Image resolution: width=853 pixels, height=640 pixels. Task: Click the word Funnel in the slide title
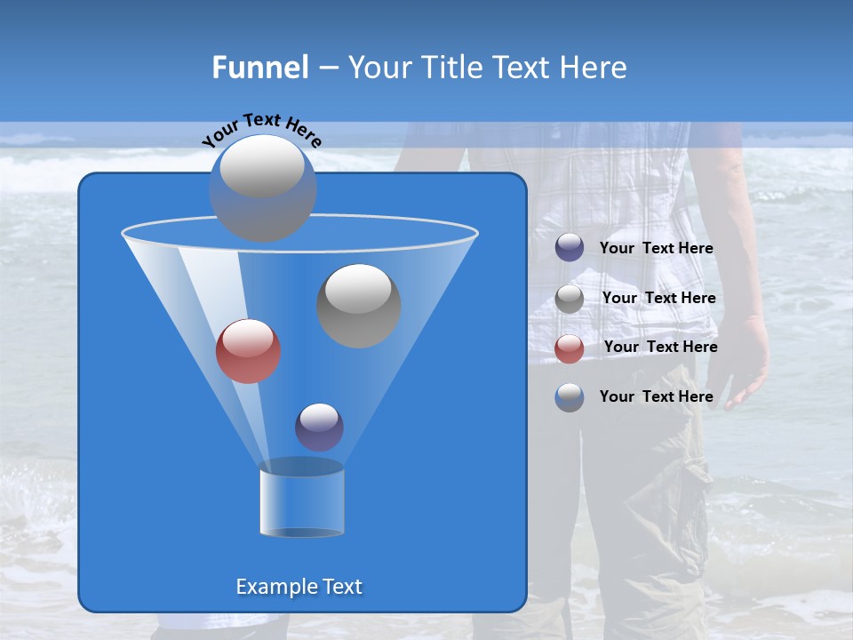(259, 68)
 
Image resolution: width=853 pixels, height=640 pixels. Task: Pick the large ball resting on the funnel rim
(262, 188)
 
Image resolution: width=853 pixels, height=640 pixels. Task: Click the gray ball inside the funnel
(358, 305)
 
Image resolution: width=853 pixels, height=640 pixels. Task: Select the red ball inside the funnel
(248, 351)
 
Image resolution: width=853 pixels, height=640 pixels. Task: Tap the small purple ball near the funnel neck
(319, 427)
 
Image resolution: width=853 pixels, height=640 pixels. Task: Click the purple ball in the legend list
(570, 248)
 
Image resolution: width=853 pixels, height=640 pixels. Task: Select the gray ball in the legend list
(570, 299)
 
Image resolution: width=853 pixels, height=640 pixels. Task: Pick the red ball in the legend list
(570, 348)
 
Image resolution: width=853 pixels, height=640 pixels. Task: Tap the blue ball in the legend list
(570, 397)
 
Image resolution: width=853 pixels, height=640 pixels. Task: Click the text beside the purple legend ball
(656, 249)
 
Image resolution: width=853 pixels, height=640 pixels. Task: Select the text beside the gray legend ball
(658, 299)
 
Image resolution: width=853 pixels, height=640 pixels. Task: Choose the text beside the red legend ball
(660, 348)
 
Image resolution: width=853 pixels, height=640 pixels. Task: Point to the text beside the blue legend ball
(656, 396)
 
